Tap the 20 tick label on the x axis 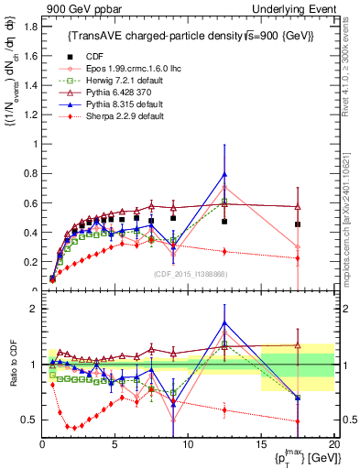tap(333, 443)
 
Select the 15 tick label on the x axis tap(260, 443)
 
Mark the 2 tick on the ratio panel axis tap(33, 309)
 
